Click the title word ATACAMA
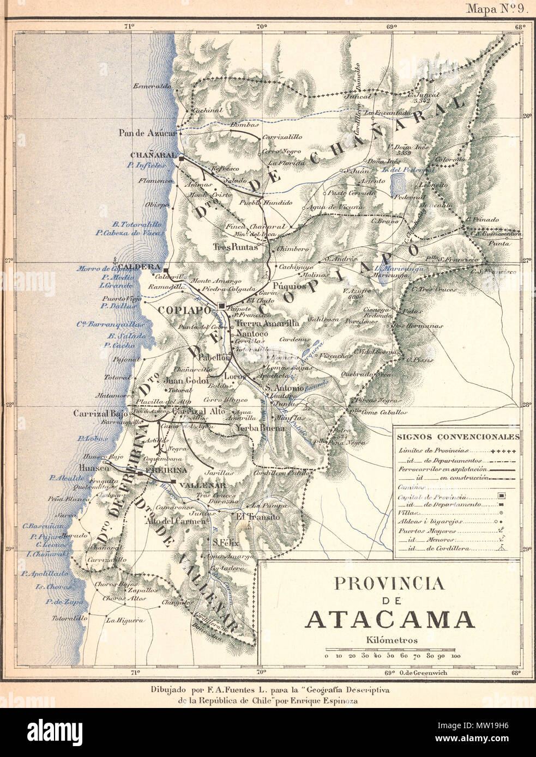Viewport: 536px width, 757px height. coord(389,620)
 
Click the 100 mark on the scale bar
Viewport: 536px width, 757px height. coord(456,656)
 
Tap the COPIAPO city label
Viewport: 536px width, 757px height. coord(184,309)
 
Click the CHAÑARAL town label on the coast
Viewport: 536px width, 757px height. coord(153,155)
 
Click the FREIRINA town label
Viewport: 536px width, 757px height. coord(167,469)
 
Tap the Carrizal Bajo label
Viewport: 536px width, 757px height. coord(100,413)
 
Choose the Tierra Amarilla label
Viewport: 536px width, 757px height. coord(267,323)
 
